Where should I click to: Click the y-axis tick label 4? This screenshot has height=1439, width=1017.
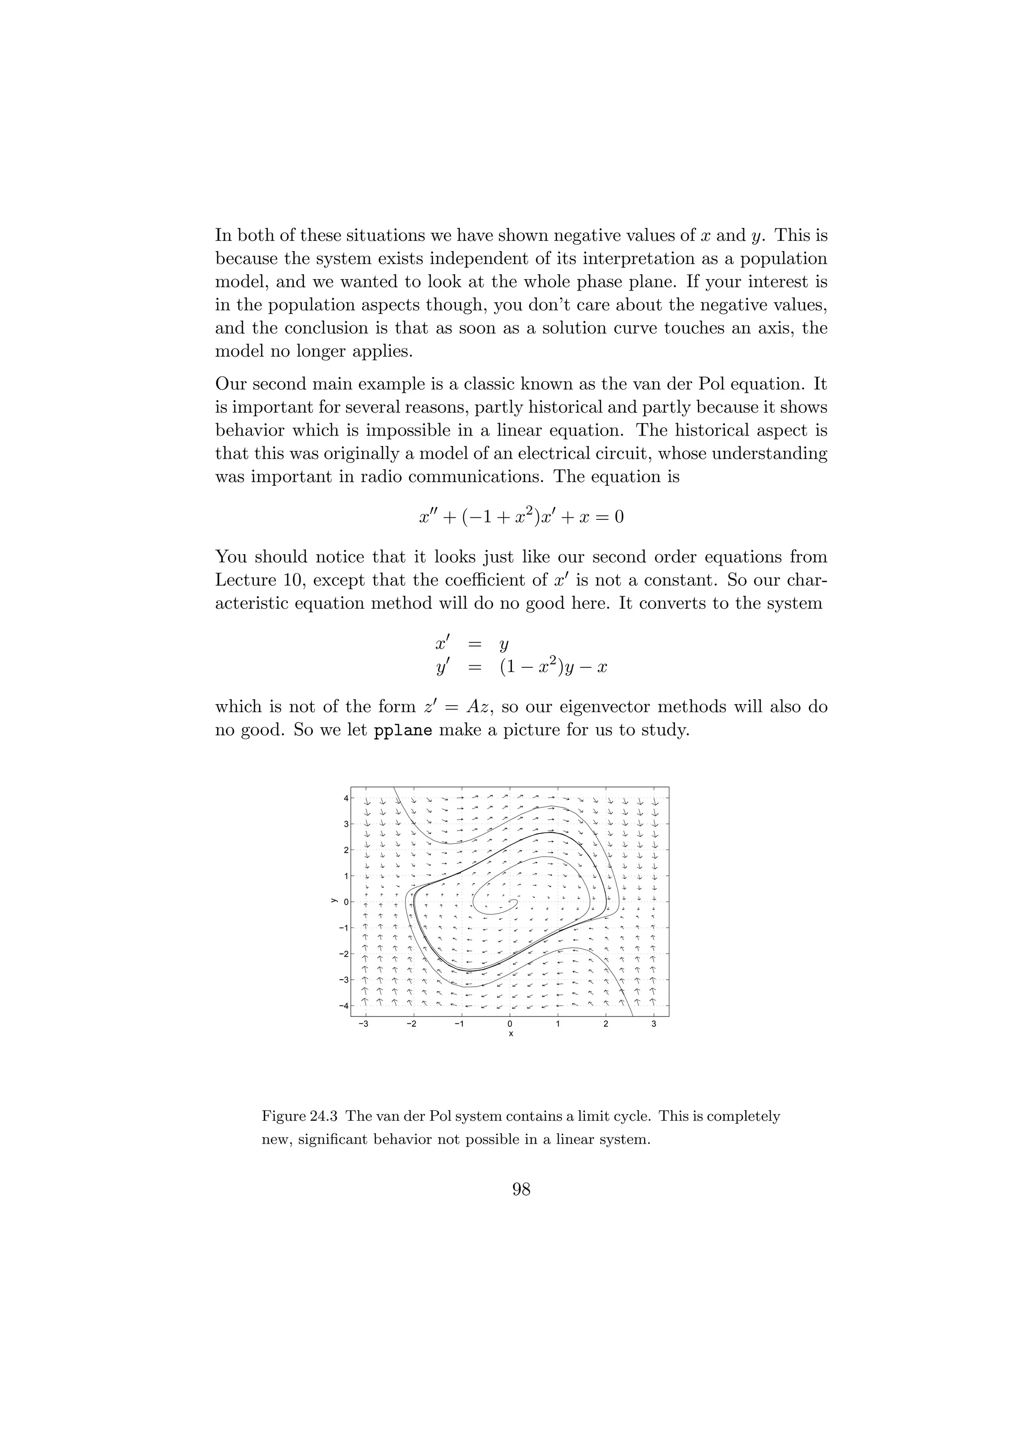click(345, 798)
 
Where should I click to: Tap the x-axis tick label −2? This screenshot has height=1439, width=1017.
click(411, 1023)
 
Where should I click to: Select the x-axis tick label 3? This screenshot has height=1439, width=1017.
click(654, 1023)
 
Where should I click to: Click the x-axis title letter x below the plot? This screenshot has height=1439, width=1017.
click(510, 1033)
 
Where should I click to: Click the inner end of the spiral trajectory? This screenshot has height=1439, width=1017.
click(515, 902)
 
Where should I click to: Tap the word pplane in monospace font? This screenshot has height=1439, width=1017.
click(403, 731)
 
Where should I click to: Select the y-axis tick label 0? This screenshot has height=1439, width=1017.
click(345, 902)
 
